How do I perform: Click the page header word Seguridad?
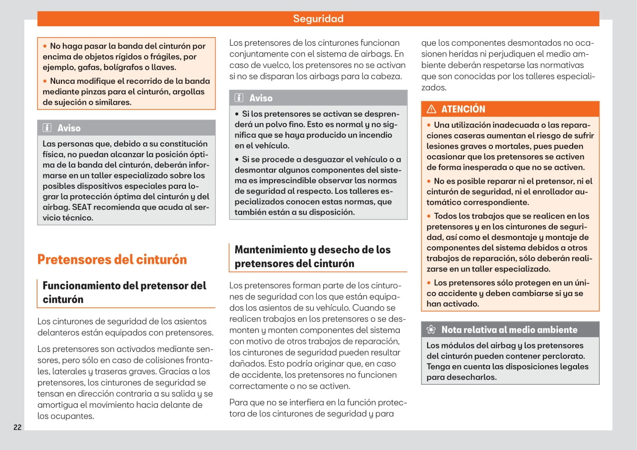click(x=318, y=19)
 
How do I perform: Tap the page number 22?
click(x=18, y=427)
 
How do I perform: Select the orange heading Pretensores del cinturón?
click(x=112, y=260)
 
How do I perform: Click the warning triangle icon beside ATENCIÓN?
click(x=431, y=109)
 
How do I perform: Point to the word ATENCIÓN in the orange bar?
click(x=463, y=109)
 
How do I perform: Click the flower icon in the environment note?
click(x=431, y=330)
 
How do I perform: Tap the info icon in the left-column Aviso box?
click(x=47, y=128)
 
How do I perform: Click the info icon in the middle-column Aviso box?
click(x=239, y=98)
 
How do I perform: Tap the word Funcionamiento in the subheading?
click(x=81, y=286)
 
